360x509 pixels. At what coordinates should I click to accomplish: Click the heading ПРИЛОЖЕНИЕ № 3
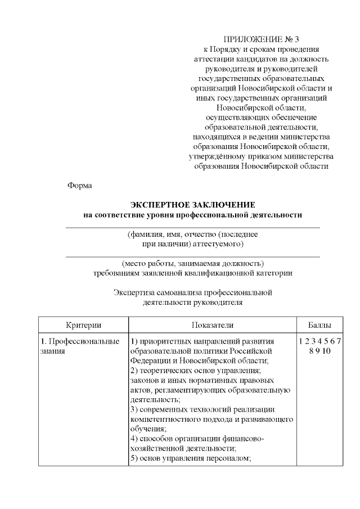pyautogui.click(x=262, y=39)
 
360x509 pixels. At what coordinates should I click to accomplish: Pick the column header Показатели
pyautogui.click(x=211, y=325)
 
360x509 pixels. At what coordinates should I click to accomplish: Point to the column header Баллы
pyautogui.click(x=319, y=325)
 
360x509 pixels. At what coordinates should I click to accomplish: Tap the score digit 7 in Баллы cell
pyautogui.click(x=340, y=341)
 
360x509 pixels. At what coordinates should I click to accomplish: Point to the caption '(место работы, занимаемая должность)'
pyautogui.click(x=193, y=263)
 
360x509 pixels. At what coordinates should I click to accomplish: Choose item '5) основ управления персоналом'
pyautogui.click(x=190, y=458)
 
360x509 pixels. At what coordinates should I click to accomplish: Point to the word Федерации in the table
pyautogui.click(x=149, y=361)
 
